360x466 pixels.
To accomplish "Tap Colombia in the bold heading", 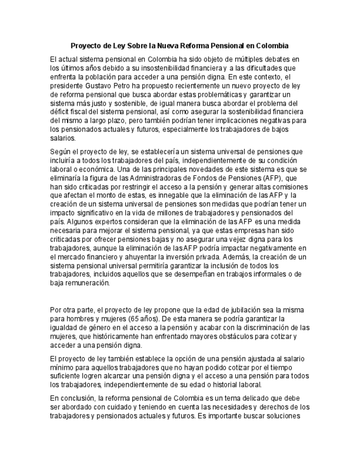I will coord(269,46).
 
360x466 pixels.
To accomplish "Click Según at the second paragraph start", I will coord(60,151).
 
